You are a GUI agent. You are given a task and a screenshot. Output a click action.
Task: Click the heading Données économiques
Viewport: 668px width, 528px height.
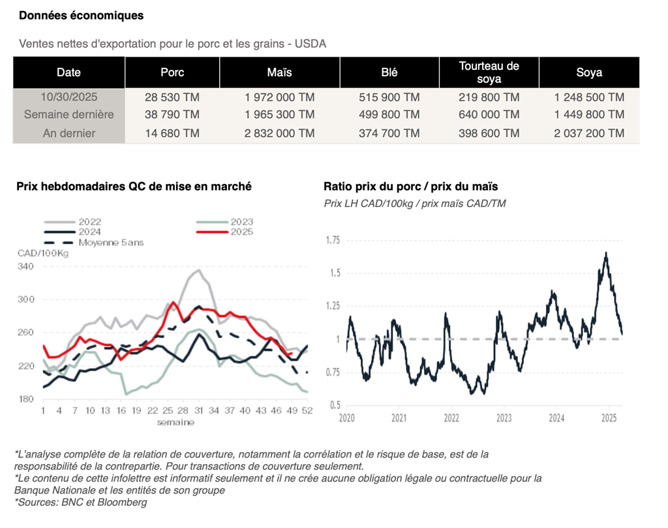click(82, 15)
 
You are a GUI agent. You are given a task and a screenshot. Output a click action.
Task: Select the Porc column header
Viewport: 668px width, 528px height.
click(172, 72)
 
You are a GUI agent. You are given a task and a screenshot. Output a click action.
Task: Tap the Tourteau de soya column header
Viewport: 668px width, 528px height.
click(489, 72)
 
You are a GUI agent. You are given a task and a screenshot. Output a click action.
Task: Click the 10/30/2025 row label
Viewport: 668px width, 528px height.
click(68, 97)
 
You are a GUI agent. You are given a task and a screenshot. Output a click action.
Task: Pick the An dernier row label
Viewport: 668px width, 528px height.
click(68, 133)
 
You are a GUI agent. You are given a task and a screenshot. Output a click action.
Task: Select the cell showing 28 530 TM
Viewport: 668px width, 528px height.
click(172, 97)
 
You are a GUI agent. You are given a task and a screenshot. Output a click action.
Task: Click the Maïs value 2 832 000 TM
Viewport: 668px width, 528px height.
click(280, 133)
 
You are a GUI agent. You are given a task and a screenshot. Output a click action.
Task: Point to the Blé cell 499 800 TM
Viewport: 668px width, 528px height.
click(389, 115)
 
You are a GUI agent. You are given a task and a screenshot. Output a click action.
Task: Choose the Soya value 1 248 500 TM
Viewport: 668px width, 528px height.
click(589, 97)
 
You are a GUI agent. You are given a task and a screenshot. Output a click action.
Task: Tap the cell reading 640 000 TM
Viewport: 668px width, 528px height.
click(489, 115)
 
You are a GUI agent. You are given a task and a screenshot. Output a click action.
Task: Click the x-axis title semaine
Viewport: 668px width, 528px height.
click(175, 422)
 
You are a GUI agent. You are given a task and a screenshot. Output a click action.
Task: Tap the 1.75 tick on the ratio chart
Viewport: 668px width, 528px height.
click(333, 240)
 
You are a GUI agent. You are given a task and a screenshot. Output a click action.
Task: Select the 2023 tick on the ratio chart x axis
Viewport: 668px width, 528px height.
click(504, 418)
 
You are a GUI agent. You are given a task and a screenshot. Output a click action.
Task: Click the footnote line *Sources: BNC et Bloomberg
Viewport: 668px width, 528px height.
click(81, 502)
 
